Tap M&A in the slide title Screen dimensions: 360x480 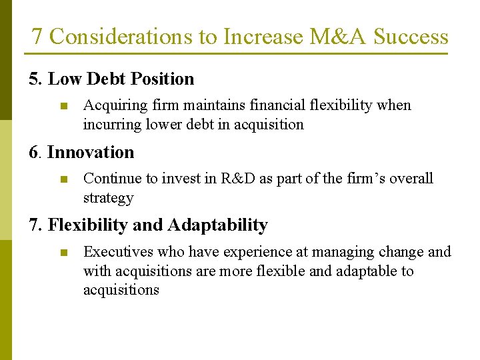click(x=338, y=37)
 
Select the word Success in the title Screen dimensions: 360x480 click(x=411, y=37)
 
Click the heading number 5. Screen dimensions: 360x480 click(x=35, y=79)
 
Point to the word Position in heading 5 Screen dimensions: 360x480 click(x=163, y=79)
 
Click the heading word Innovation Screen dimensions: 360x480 click(x=91, y=153)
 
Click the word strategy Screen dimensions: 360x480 click(x=108, y=198)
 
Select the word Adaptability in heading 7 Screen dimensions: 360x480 click(x=217, y=226)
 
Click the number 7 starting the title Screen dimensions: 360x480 click(x=37, y=37)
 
